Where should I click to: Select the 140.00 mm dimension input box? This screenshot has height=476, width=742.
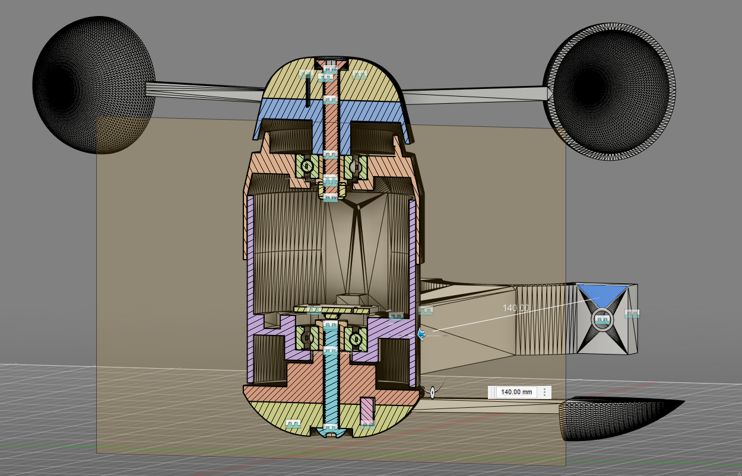tap(516, 392)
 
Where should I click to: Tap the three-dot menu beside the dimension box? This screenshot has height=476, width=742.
tap(544, 392)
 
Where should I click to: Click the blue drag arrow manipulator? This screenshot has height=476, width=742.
tap(421, 334)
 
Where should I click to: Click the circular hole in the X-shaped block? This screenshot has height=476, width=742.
tap(603, 320)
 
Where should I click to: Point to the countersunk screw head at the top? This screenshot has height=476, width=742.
tap(331, 64)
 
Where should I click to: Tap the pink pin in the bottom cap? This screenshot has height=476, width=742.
tap(367, 410)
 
